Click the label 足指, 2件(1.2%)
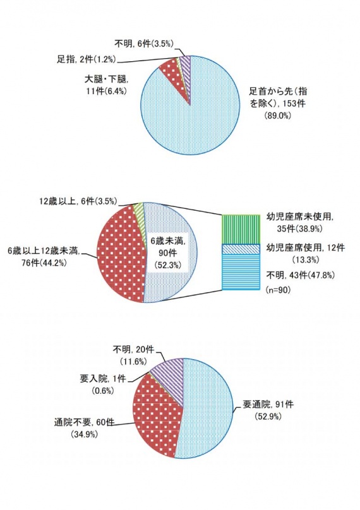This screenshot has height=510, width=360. coord(87,59)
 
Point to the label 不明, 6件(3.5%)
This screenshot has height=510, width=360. coord(145,44)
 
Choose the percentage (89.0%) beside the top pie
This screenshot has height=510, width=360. coord(278,116)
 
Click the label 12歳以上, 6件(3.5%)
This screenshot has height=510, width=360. coord(78,201)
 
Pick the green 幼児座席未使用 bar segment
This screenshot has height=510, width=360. coord(241,229)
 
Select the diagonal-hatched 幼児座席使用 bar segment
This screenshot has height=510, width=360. coord(241,249)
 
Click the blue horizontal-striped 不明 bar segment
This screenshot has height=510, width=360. coord(241,271)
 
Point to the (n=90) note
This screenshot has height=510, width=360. coord(279,290)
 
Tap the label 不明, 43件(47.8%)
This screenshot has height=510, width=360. coord(301,275)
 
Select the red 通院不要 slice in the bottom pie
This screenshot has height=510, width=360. coord(156,420)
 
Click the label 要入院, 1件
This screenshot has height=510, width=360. coord(103,379)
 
